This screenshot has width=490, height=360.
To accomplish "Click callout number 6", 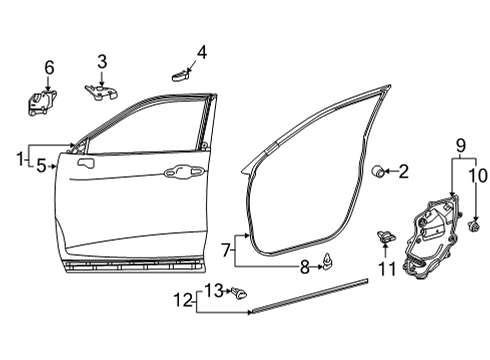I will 48,67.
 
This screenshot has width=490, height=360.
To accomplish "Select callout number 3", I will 102,62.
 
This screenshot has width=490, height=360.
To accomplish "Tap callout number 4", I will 201,50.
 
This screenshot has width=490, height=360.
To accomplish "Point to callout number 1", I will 19,158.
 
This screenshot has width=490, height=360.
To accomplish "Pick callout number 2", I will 403,171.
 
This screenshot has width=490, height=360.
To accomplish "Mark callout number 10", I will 476,177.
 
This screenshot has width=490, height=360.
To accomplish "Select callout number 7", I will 226,247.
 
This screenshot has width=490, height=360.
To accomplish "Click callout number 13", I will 213,289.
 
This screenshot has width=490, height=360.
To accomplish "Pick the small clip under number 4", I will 180,72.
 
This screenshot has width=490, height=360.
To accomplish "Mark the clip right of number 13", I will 239,293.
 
